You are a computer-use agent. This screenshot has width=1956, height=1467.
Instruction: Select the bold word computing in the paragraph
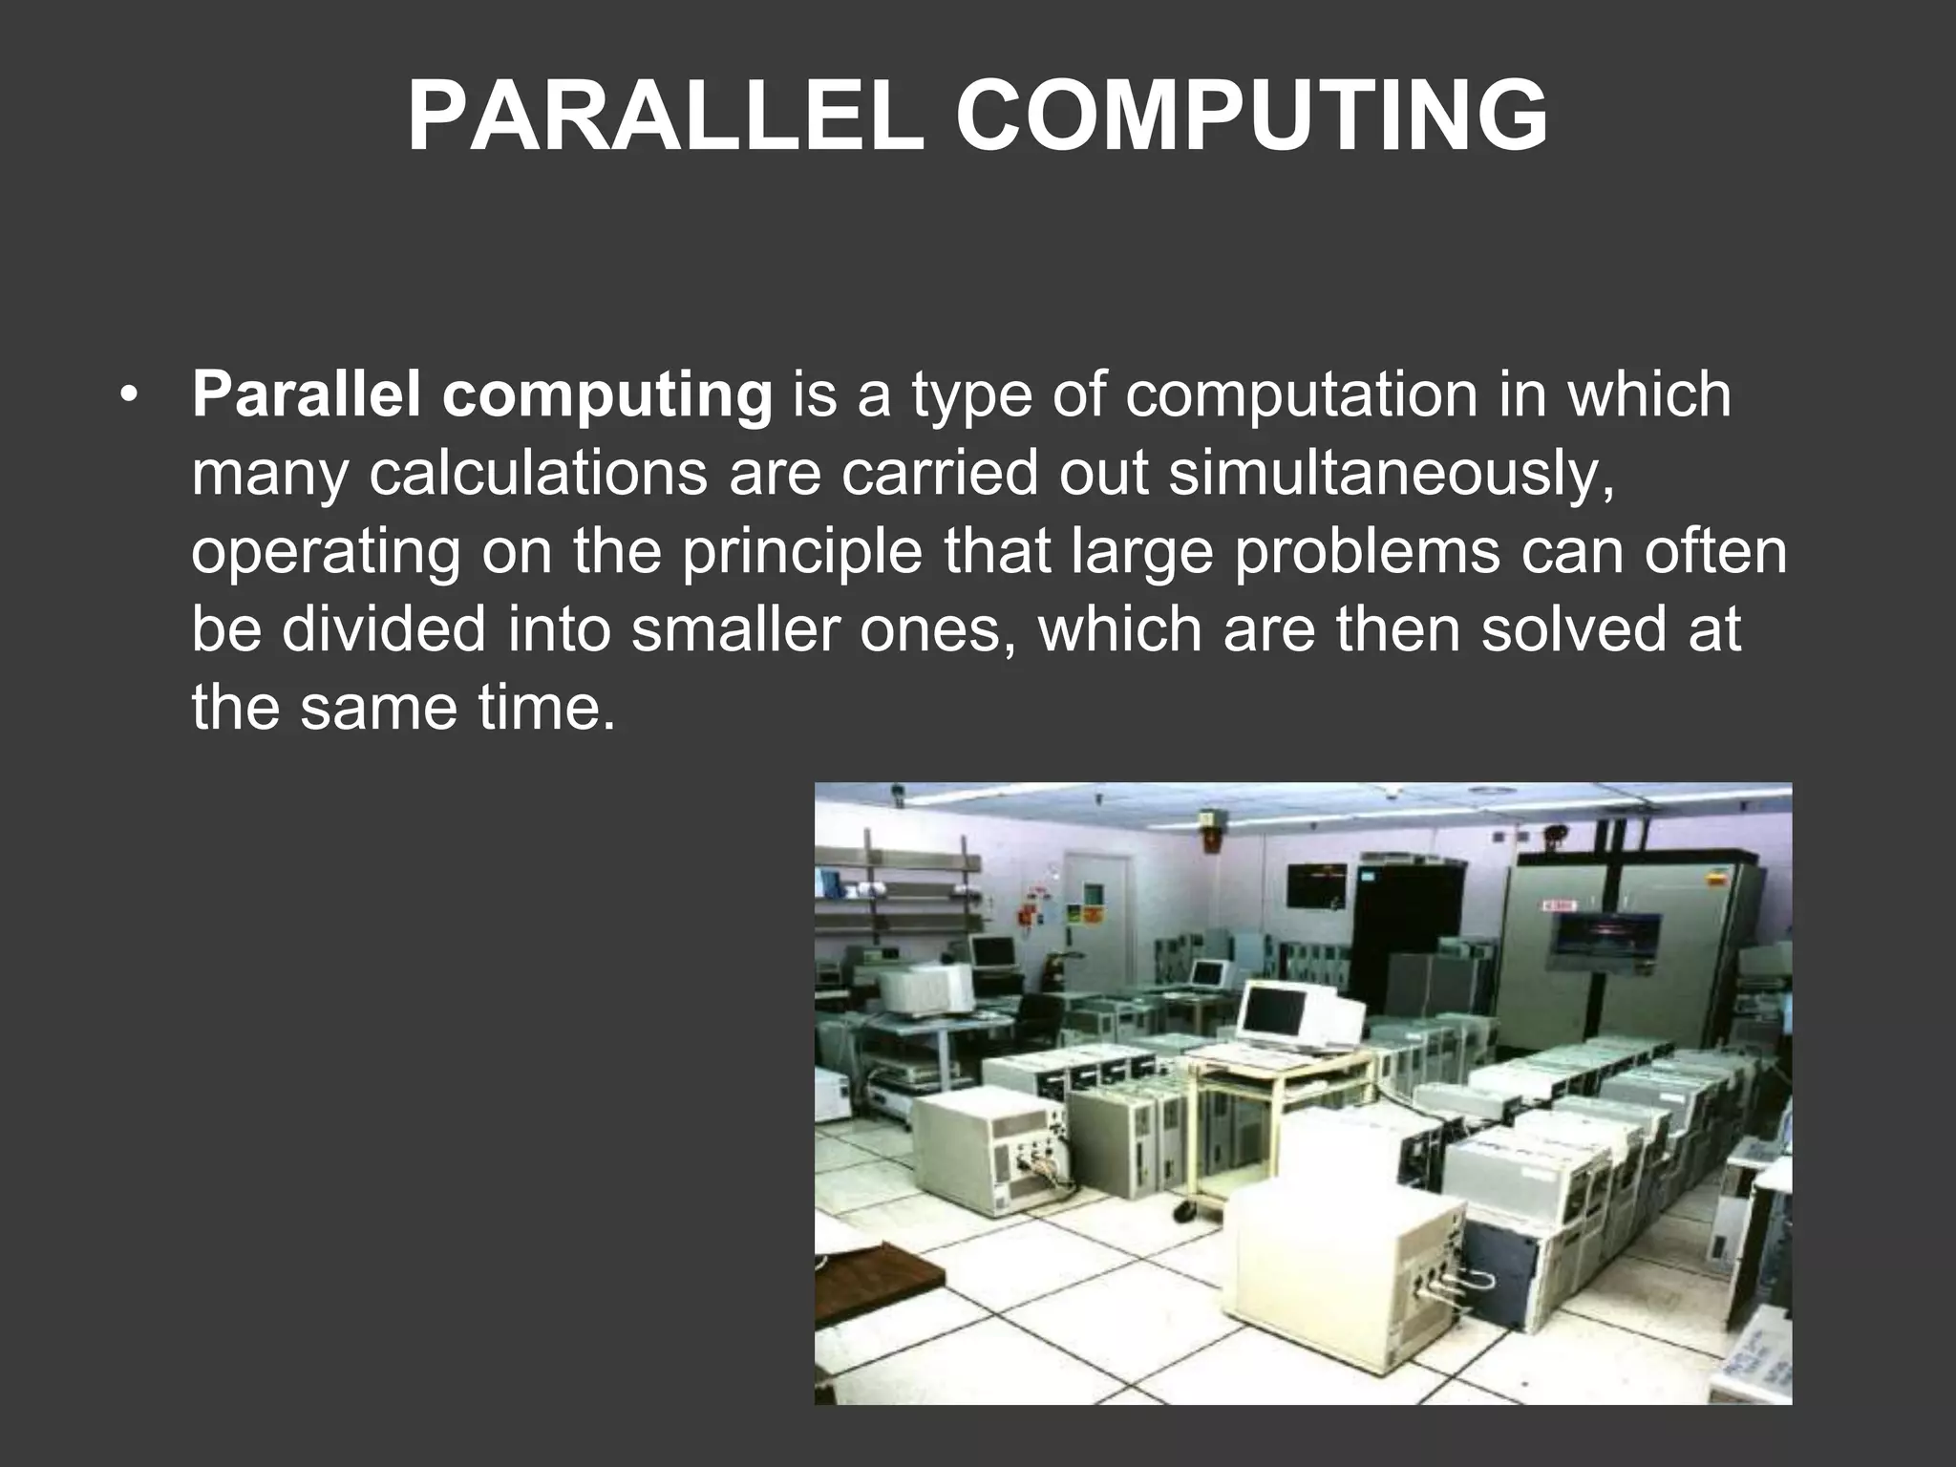(606, 395)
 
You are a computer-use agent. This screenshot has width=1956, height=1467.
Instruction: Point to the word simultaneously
(1391, 474)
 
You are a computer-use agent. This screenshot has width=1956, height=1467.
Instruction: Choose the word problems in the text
(1367, 552)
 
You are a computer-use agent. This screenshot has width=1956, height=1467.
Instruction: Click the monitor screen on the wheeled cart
(1274, 1012)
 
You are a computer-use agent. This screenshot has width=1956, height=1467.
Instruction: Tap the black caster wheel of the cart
(1185, 1211)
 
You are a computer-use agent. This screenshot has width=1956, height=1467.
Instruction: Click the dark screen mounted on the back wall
(1317, 884)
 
